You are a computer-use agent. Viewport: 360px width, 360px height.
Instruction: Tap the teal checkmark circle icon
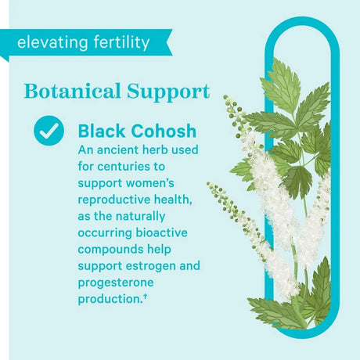49,130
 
